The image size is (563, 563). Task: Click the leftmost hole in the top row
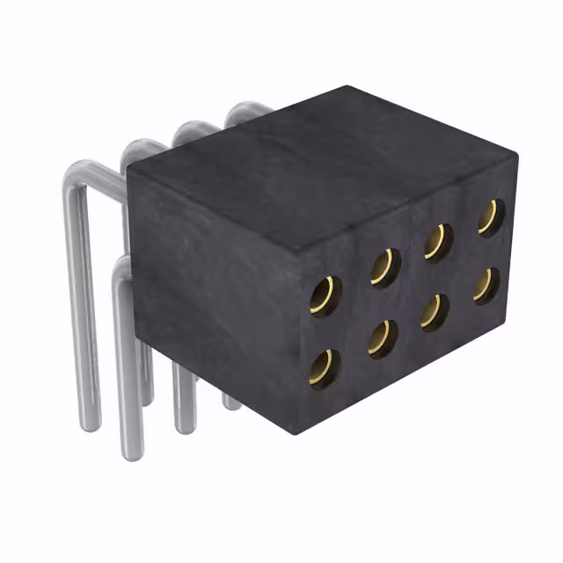(325, 296)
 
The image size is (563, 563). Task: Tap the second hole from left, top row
(384, 267)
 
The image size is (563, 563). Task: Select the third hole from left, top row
(437, 241)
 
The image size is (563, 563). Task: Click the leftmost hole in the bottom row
(325, 368)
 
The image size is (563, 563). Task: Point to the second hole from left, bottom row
(383, 338)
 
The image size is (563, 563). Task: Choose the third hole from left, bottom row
(434, 311)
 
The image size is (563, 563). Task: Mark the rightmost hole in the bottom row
(486, 285)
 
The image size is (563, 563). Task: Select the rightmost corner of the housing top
(516, 156)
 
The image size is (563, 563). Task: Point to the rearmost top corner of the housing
(347, 86)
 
